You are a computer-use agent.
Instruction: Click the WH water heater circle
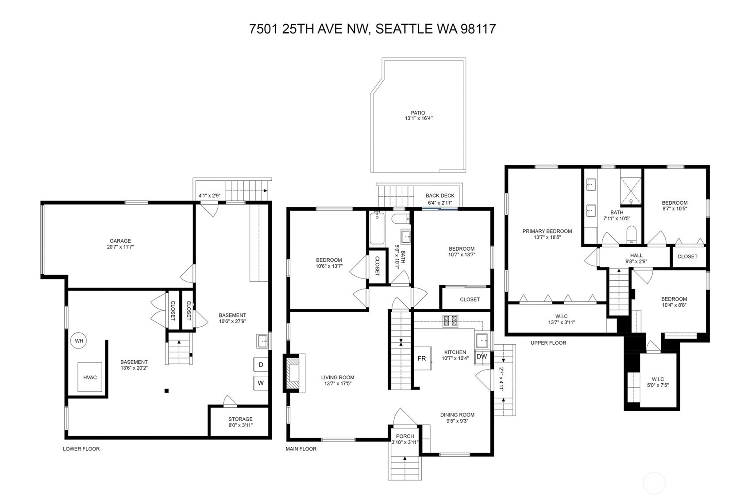click(79, 341)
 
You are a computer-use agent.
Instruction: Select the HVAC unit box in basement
click(90, 377)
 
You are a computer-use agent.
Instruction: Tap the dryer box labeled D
click(261, 365)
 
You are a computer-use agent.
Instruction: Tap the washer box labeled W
click(261, 383)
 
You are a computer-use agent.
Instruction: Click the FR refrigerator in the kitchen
click(422, 358)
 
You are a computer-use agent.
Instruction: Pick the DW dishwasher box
click(482, 356)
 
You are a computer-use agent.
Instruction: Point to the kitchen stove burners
click(450, 321)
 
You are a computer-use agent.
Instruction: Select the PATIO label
click(418, 113)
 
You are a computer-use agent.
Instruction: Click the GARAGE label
click(120, 241)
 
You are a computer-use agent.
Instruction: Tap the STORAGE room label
click(240, 419)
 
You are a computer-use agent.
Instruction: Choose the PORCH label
click(405, 436)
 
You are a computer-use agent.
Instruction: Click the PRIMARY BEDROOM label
click(547, 231)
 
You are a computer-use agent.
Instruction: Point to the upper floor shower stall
click(631, 190)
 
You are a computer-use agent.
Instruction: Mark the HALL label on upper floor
click(636, 255)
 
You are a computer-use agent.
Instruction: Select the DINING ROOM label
click(457, 415)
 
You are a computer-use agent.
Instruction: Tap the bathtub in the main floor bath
click(377, 228)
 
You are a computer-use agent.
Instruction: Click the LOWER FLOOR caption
click(81, 449)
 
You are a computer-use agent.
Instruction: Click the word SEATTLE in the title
click(404, 29)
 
